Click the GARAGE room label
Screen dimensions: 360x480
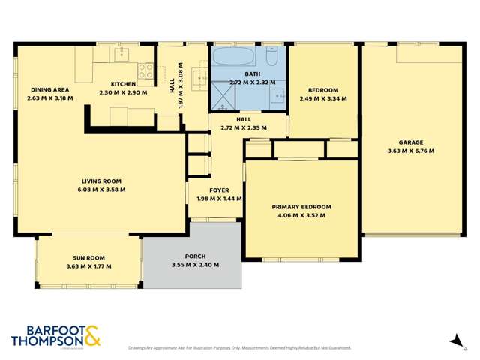click(410, 142)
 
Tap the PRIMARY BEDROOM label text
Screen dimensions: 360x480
click(301, 207)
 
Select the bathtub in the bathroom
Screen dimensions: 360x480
click(237, 58)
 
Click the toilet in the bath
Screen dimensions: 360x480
click(272, 57)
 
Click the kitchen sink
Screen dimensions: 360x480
click(121, 54)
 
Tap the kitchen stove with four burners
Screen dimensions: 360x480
click(145, 72)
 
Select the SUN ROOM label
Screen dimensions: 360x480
click(88, 257)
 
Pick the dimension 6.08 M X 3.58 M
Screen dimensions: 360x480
click(100, 190)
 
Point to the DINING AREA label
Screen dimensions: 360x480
click(45, 89)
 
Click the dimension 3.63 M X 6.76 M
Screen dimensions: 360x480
click(410, 151)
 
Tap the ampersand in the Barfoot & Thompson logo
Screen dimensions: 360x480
click(92, 335)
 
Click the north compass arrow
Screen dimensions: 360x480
click(454, 340)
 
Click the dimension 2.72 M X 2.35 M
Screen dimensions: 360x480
click(243, 128)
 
